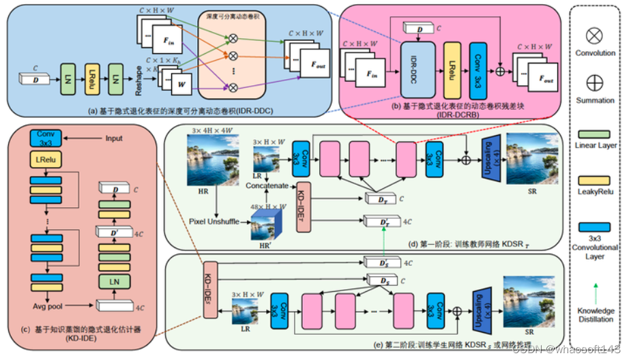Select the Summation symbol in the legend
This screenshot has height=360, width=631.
pos(595,82)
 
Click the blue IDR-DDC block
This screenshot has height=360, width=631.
pos(417,69)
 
